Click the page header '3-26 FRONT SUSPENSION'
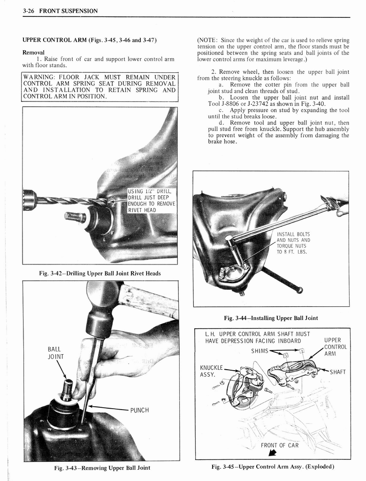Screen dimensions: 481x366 click(x=60, y=11)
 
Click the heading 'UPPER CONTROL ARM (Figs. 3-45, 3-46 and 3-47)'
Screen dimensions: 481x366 click(x=89, y=40)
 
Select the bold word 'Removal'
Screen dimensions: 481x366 click(x=33, y=52)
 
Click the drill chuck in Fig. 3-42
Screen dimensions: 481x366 click(x=30, y=200)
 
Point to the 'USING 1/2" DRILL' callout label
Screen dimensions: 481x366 click(x=150, y=191)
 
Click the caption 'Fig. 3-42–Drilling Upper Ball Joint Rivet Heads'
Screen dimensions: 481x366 click(x=100, y=273)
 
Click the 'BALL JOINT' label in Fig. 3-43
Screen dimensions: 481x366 click(x=54, y=353)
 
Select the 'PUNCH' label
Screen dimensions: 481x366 click(x=139, y=410)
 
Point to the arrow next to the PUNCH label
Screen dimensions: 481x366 click(x=108, y=408)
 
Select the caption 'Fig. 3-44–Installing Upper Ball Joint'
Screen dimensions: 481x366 click(x=271, y=318)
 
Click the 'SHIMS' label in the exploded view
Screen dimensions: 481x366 click(x=259, y=351)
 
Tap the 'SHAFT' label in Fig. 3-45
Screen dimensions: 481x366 click(x=337, y=372)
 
